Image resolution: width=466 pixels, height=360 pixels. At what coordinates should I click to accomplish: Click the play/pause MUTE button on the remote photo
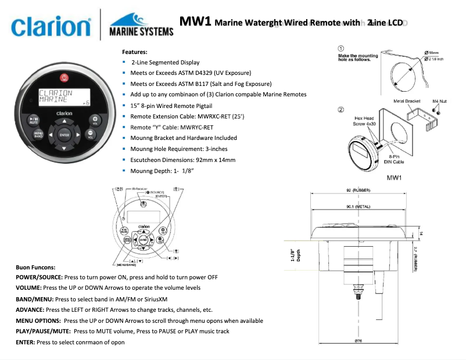pos(33,121)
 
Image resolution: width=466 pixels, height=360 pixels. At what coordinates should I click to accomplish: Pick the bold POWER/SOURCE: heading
pos(43,278)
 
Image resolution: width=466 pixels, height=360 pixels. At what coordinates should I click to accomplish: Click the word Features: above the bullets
pos(134,52)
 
